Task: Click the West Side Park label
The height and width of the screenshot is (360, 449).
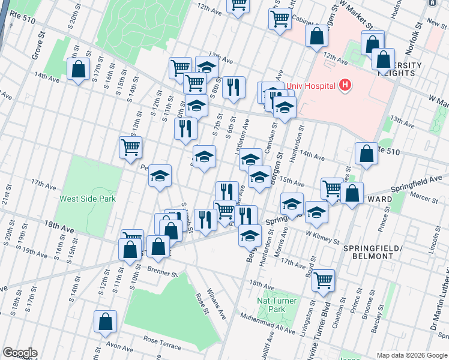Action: [87, 199]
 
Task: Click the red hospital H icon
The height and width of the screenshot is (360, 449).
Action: [345, 85]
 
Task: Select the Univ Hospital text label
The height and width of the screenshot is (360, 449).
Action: [310, 86]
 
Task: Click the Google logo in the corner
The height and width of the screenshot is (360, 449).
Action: [20, 353]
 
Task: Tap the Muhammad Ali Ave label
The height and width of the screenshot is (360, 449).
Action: [269, 323]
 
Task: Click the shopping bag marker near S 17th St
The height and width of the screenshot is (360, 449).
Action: [78, 70]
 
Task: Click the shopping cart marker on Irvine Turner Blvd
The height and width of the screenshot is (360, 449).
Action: [324, 280]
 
